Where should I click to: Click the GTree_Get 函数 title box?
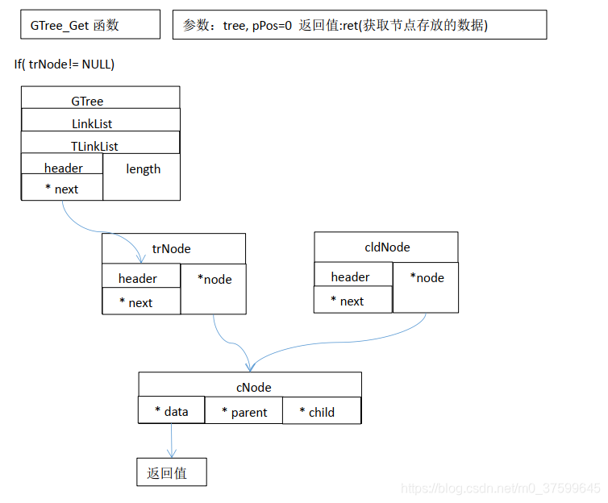point(90,25)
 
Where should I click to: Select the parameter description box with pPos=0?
point(360,25)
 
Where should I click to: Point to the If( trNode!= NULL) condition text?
point(65,64)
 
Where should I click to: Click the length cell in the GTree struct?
point(142,177)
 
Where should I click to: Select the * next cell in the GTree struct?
point(62,189)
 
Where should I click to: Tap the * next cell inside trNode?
point(141,302)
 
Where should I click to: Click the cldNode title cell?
point(385,246)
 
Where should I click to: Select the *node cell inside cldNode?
point(426,286)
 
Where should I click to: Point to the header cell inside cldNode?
point(353,276)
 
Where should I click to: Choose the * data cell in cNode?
point(171,411)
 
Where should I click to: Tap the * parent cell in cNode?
point(244,412)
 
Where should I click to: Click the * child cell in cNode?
point(321,411)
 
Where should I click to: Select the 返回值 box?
point(171,472)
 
